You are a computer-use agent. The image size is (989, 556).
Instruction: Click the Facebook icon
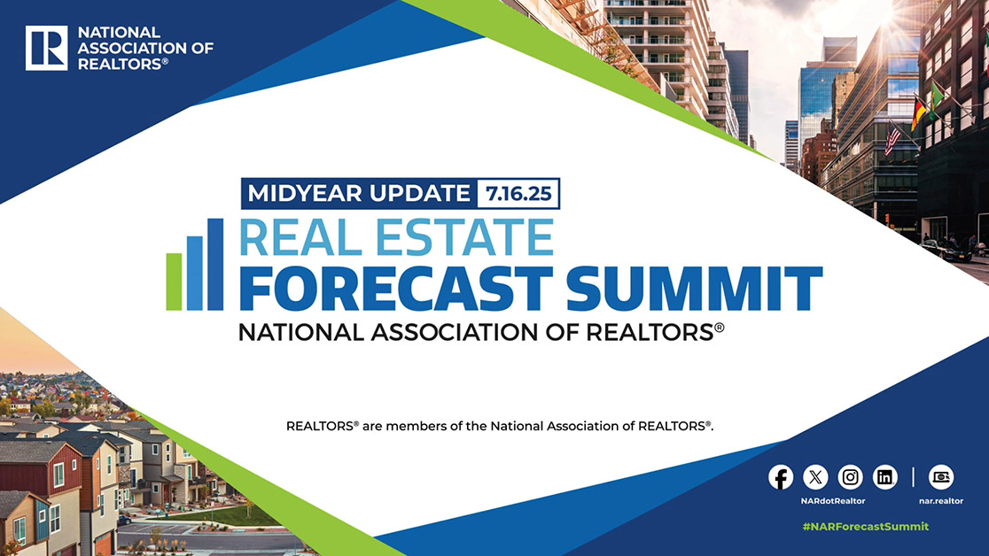click(781, 477)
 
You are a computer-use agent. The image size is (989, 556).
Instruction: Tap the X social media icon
click(815, 477)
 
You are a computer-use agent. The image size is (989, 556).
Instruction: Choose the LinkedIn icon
click(885, 477)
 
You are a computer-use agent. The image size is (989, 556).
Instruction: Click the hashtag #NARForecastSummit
click(865, 526)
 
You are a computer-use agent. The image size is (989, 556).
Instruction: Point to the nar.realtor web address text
click(940, 501)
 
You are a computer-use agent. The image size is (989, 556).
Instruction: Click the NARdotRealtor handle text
click(833, 501)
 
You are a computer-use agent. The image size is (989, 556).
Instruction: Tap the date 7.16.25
click(518, 192)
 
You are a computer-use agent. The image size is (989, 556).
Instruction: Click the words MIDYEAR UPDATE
click(357, 192)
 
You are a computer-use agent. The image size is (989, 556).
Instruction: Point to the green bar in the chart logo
click(174, 282)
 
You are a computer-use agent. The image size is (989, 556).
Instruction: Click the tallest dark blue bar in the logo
click(215, 264)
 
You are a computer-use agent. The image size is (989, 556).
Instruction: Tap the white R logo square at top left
click(46, 48)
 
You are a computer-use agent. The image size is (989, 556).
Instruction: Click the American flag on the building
click(892, 139)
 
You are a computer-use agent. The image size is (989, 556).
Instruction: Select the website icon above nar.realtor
click(940, 477)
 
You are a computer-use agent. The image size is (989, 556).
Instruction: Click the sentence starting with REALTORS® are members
click(500, 426)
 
